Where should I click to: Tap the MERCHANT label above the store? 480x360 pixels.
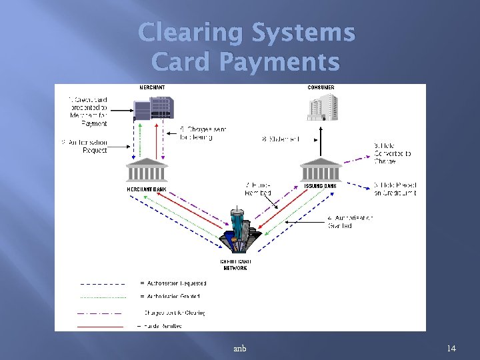tap(153, 88)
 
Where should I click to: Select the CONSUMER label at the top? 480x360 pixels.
tap(321, 88)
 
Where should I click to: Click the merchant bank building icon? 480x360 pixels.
tap(147, 170)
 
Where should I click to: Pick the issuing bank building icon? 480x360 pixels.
tap(321, 171)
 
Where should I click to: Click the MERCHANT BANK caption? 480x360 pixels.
tap(147, 189)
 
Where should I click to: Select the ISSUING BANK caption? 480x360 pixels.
tap(321, 186)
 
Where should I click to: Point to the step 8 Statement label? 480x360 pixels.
tap(281, 139)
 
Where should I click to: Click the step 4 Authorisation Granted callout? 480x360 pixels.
tap(350, 222)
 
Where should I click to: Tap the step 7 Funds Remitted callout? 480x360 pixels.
tap(259, 189)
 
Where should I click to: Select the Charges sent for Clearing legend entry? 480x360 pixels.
tap(175, 312)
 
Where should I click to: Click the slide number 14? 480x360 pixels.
tap(451, 349)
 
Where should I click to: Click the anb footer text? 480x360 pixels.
tap(240, 349)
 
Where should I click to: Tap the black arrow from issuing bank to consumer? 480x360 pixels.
tap(321, 141)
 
